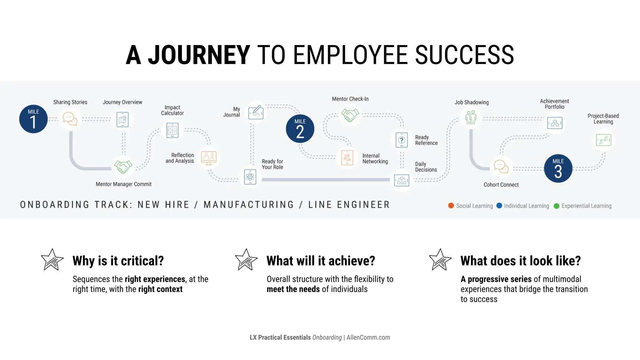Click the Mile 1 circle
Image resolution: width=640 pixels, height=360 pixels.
(x=33, y=119)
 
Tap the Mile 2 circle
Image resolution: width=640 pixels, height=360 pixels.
(x=300, y=129)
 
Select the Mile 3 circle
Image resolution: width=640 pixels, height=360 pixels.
(x=558, y=168)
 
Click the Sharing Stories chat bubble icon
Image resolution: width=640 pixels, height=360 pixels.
(x=70, y=119)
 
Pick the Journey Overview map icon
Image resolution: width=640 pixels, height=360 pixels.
(x=122, y=119)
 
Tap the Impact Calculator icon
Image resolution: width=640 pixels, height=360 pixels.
(x=172, y=130)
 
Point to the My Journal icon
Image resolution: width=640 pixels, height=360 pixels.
(x=256, y=112)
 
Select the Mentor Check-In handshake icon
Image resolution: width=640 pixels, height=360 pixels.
(x=350, y=115)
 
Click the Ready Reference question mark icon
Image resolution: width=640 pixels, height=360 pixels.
(x=402, y=140)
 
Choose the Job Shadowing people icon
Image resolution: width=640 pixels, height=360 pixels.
(x=471, y=118)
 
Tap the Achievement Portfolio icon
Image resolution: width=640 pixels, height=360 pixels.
(x=555, y=123)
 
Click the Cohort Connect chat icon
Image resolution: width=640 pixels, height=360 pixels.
(x=501, y=166)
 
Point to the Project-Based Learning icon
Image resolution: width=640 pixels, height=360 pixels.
(x=603, y=140)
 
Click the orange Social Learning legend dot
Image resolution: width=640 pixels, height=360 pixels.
(x=451, y=206)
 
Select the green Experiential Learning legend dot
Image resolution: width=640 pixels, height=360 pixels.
(x=557, y=206)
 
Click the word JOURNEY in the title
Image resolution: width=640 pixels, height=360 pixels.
(x=199, y=55)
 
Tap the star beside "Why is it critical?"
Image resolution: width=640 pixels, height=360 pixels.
(x=52, y=260)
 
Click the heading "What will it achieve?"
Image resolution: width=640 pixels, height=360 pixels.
(x=321, y=261)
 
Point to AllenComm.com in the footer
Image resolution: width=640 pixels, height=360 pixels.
(x=368, y=337)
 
